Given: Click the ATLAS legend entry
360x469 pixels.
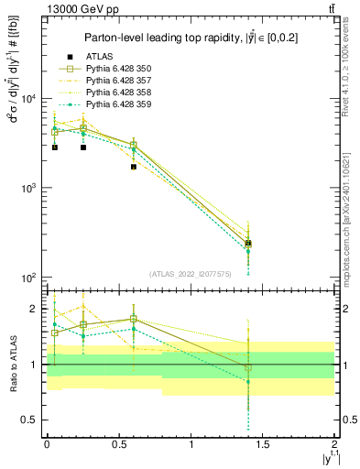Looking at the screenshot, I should click(x=98, y=57).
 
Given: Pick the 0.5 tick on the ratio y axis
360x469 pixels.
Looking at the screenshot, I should click(x=27, y=420).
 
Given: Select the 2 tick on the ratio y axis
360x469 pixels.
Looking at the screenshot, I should click(x=33, y=309).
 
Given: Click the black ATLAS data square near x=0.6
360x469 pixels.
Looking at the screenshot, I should click(x=134, y=167).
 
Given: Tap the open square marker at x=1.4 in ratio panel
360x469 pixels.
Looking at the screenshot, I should click(x=248, y=368).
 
